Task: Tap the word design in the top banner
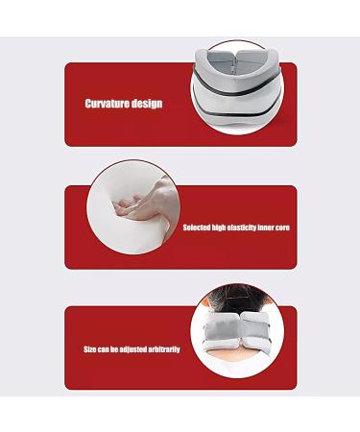145,103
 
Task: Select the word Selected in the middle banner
198,228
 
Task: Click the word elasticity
249,228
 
